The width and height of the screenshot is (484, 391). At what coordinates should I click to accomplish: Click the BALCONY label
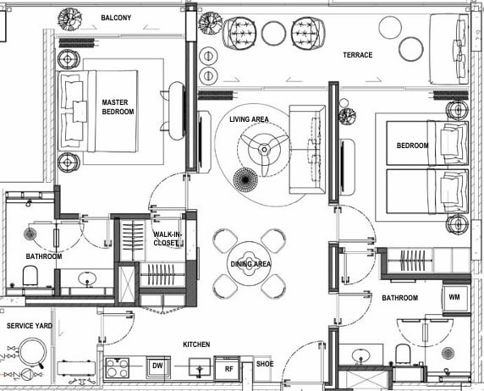(x=116, y=18)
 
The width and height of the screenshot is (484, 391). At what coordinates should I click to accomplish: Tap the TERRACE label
(x=358, y=55)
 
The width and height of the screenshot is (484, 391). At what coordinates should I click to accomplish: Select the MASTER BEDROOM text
(x=118, y=107)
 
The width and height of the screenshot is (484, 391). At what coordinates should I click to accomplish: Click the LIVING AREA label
(x=249, y=119)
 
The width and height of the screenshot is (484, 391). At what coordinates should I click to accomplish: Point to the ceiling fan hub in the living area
(x=264, y=150)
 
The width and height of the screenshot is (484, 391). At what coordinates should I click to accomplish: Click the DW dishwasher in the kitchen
(x=157, y=366)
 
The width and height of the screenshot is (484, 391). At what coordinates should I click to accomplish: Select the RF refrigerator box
(x=228, y=368)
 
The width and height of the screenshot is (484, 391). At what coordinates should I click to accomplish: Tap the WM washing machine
(x=454, y=298)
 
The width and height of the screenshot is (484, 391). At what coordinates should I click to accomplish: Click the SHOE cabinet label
(x=265, y=364)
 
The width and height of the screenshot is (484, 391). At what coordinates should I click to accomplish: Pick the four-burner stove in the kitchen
(x=118, y=367)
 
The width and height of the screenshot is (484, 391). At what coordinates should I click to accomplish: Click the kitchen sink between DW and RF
(x=200, y=367)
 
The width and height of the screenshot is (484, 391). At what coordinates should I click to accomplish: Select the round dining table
(x=249, y=264)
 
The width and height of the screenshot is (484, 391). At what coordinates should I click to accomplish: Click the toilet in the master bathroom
(x=30, y=276)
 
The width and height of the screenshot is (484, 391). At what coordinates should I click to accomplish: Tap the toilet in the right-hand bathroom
(x=403, y=355)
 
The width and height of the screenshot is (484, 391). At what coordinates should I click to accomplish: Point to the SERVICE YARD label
(x=30, y=326)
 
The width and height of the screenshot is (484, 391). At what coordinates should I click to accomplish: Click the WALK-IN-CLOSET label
(x=168, y=239)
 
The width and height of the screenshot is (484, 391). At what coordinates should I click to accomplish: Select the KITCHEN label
(x=196, y=344)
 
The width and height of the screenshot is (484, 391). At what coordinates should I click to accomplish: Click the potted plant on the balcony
(x=70, y=19)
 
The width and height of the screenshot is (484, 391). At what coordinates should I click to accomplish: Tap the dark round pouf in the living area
(x=245, y=179)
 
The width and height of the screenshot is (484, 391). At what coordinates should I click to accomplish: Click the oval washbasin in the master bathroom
(x=87, y=279)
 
